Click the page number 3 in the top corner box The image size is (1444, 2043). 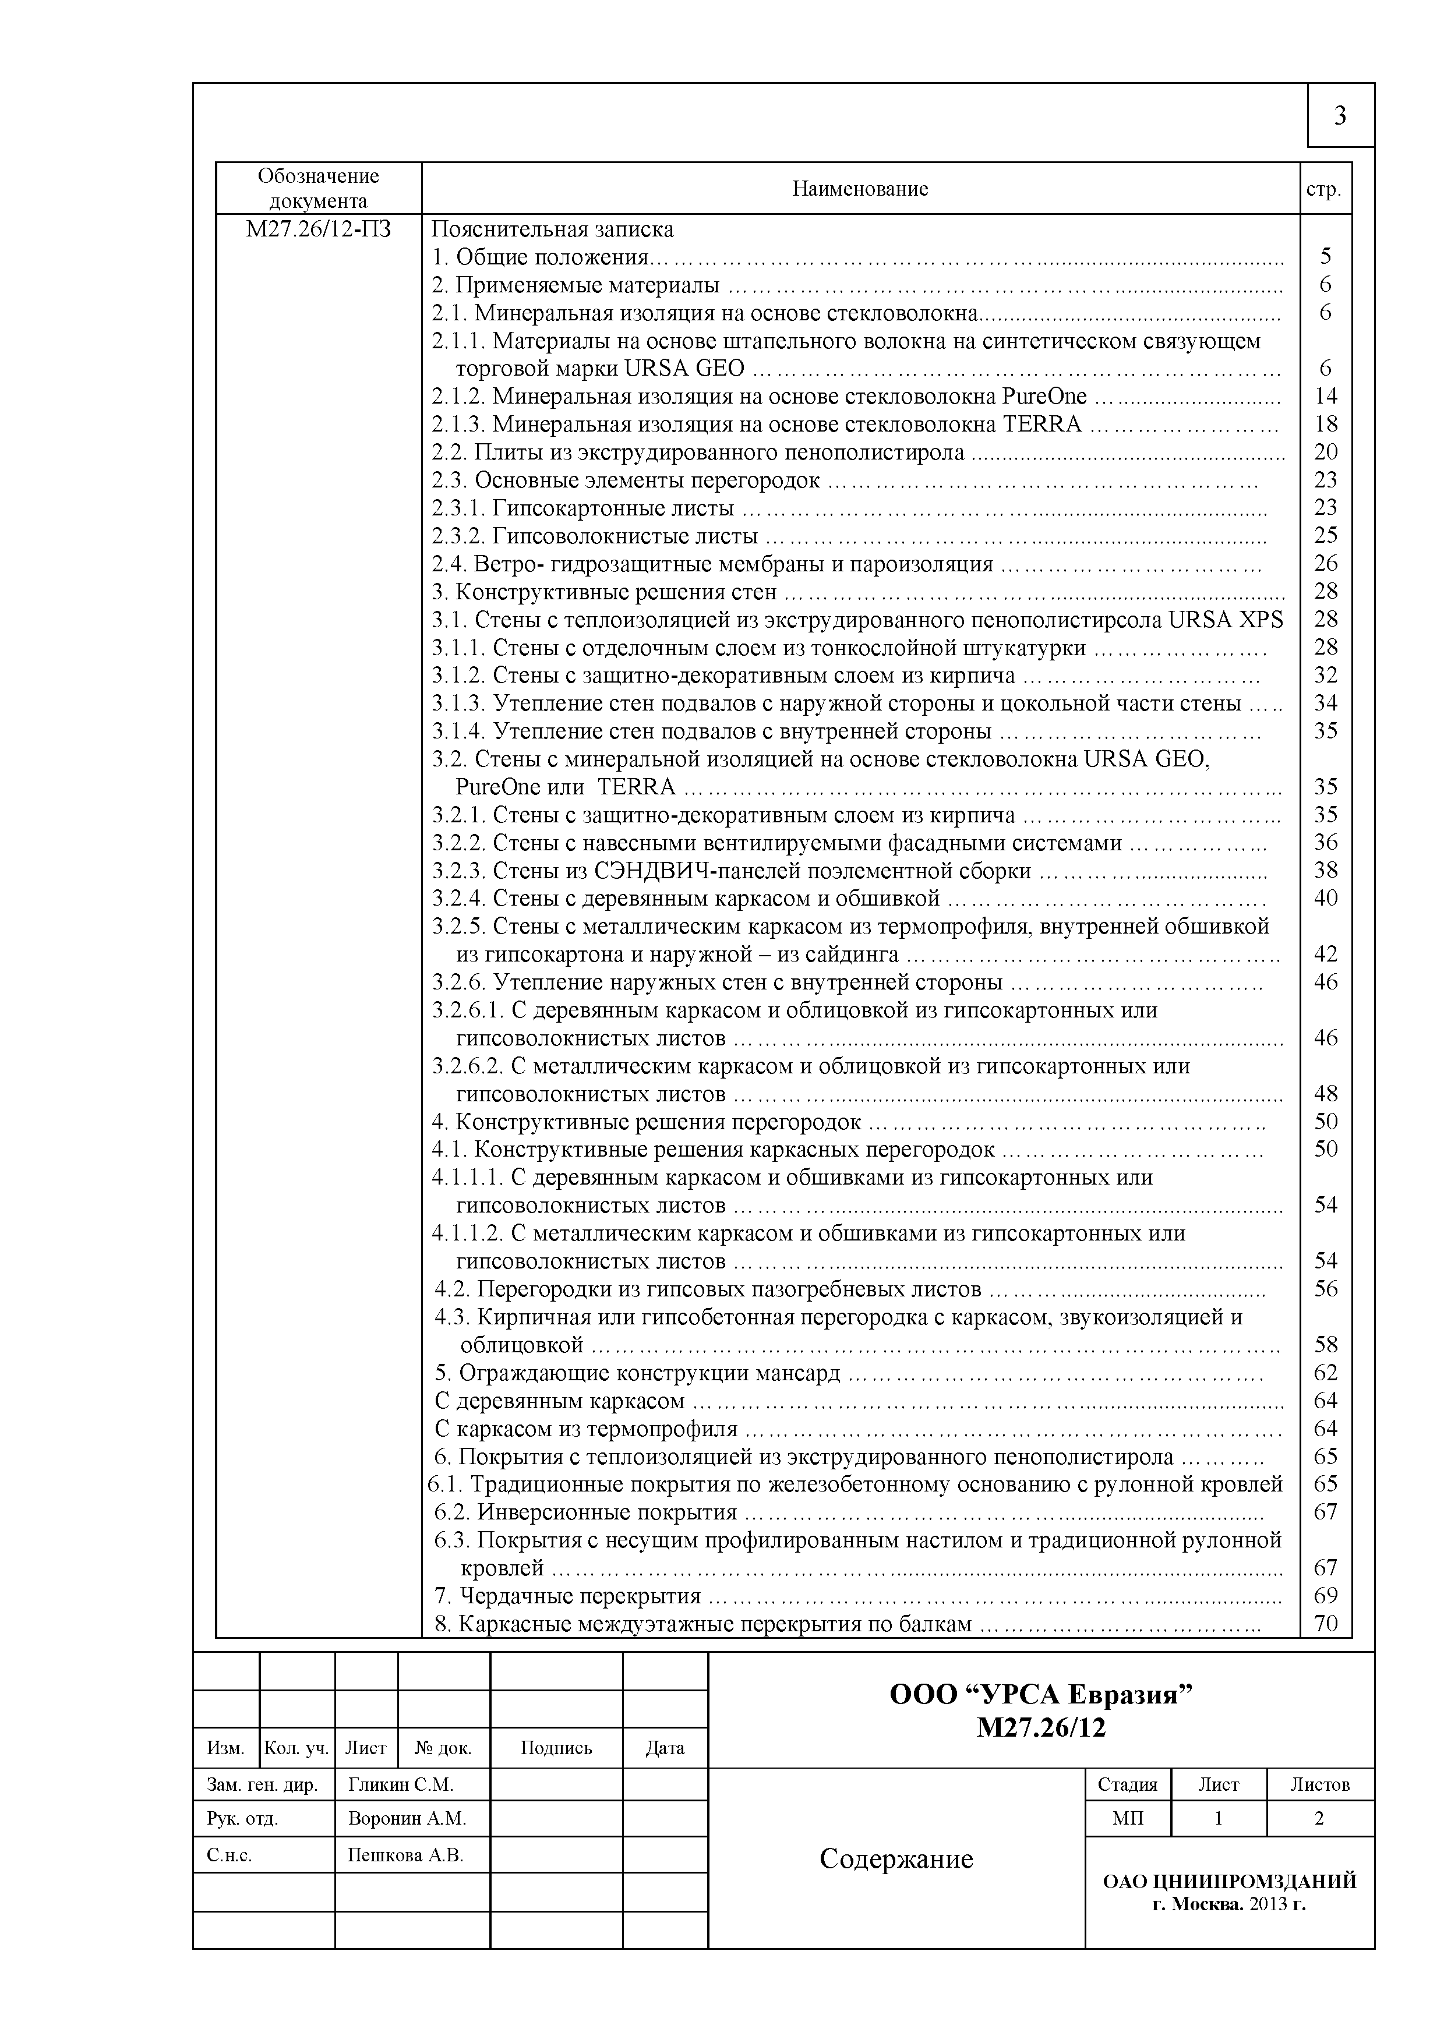[1340, 116]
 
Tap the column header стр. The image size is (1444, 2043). [1324, 189]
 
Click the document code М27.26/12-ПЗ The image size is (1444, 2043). [319, 229]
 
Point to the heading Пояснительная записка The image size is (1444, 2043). [553, 229]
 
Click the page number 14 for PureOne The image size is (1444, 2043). [1325, 396]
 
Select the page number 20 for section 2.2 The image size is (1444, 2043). [1325, 452]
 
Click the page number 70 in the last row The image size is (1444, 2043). [1325, 1624]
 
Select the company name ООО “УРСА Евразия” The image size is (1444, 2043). [1041, 1694]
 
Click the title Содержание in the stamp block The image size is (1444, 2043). [896, 1859]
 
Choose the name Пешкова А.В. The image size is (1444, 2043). [406, 1855]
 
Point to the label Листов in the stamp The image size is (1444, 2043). [1319, 1784]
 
